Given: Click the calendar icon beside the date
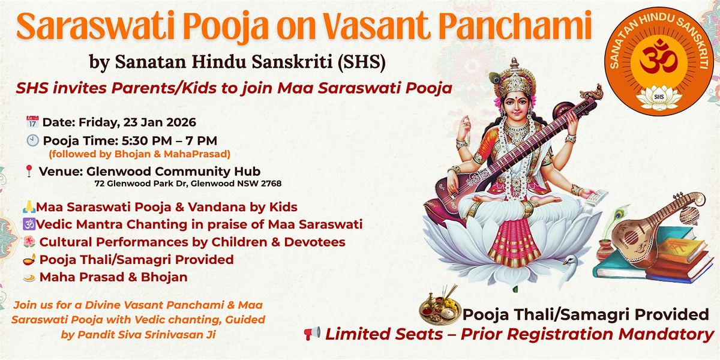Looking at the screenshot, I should click(32, 122).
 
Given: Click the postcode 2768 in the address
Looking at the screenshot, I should click(271, 184).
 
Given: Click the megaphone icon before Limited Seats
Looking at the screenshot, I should click(312, 334).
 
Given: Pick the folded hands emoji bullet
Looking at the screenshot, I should click(31, 208).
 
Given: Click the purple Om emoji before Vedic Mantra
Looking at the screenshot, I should click(31, 225).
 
